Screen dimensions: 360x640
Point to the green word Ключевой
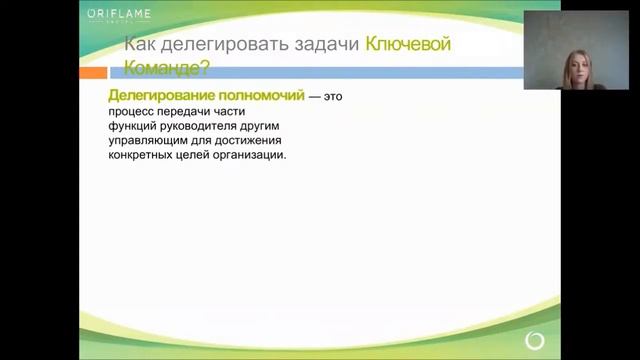tap(409, 44)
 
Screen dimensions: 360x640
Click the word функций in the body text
tap(135, 126)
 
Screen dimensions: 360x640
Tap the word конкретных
tap(144, 156)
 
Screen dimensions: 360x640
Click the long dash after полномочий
tap(315, 94)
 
